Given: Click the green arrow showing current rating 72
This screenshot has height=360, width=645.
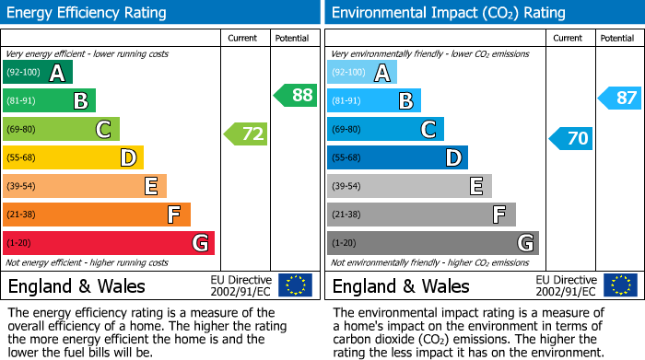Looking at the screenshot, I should click(246, 134).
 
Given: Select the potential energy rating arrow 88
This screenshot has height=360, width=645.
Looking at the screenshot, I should click(295, 95).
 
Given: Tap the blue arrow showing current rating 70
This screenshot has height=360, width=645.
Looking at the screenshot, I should click(570, 139).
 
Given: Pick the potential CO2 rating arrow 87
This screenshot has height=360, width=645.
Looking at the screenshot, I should click(620, 98).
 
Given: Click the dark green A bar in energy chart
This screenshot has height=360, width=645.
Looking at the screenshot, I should click(37, 73).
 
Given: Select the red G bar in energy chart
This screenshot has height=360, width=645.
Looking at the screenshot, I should click(108, 243).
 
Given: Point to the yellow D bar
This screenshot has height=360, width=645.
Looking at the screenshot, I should click(73, 158).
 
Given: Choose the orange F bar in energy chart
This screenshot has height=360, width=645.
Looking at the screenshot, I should click(96, 215).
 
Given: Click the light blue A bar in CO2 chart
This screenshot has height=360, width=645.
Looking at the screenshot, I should click(361, 73).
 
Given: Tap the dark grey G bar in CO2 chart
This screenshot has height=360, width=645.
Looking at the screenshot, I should click(432, 243).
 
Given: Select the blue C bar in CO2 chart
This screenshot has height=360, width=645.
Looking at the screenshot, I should click(385, 130).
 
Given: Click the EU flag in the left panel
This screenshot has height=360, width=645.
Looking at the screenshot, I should click(296, 285).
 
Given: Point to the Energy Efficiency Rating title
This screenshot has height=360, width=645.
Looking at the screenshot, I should click(88, 13).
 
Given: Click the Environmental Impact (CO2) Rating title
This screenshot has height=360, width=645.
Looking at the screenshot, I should click(448, 13).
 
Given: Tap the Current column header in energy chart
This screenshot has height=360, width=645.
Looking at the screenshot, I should click(244, 38).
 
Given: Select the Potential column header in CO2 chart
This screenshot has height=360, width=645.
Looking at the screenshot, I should click(616, 38).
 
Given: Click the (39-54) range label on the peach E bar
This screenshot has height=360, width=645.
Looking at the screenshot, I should click(22, 187).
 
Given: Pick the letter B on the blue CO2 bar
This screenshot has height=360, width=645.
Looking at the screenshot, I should click(405, 101).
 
